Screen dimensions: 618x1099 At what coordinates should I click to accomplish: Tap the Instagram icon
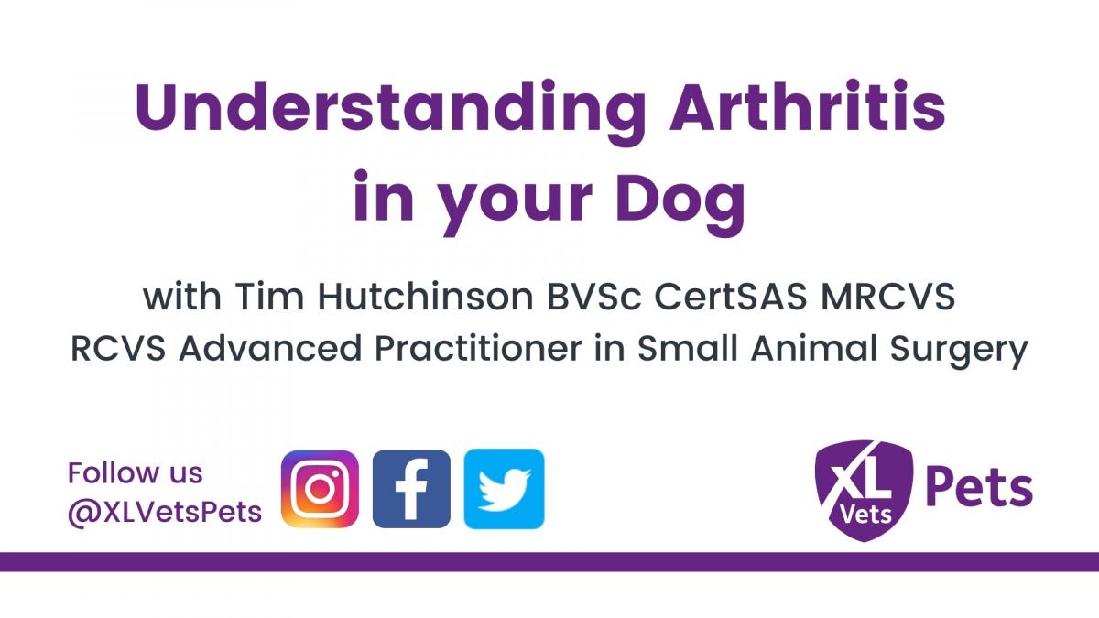(320, 489)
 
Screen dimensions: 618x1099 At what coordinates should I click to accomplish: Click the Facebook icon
(411, 489)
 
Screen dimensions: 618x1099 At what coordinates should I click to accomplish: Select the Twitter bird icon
(504, 489)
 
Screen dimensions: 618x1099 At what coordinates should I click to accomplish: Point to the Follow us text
(135, 473)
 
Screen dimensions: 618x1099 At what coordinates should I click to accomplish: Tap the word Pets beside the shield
(979, 489)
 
